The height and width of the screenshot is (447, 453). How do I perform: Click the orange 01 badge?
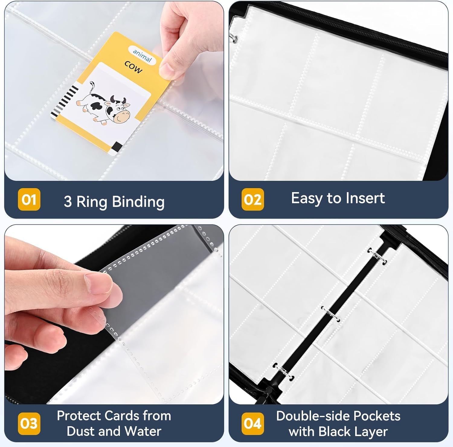click(x=29, y=199)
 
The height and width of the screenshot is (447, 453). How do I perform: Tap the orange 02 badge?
click(x=253, y=199)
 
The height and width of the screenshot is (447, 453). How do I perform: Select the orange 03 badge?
click(x=29, y=423)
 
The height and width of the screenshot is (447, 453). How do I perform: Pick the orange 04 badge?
click(x=253, y=423)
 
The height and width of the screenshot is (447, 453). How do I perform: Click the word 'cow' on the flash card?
click(x=133, y=67)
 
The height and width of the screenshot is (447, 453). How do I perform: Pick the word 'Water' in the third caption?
click(x=143, y=431)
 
